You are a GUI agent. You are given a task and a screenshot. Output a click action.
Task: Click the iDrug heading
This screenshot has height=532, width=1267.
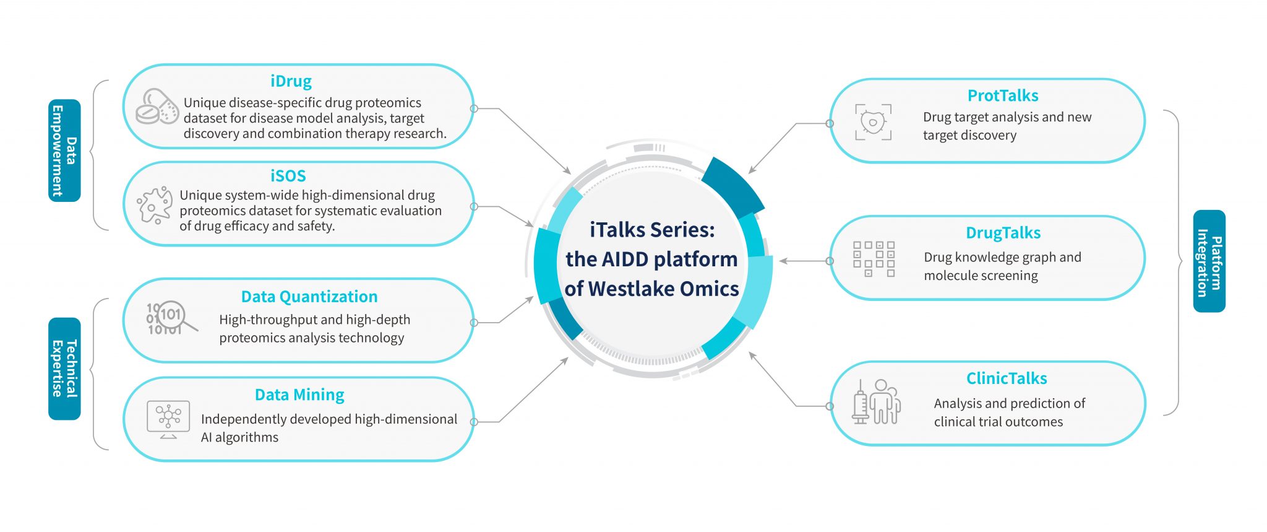291,81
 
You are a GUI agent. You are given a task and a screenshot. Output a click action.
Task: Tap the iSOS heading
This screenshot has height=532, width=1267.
288,176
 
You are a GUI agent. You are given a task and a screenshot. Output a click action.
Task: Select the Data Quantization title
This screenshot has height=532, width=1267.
309,297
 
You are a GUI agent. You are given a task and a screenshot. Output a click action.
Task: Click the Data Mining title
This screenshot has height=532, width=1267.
299,395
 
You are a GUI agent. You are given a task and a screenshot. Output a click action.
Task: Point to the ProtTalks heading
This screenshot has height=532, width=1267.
1003,95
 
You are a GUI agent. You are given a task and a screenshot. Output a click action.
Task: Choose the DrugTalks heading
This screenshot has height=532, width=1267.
1003,233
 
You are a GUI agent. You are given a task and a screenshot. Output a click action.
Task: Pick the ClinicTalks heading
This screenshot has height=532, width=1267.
1007,378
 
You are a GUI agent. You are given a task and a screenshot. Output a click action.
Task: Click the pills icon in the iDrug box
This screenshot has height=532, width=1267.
157,107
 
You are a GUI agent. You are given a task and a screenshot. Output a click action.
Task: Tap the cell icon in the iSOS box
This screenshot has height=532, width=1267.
154,204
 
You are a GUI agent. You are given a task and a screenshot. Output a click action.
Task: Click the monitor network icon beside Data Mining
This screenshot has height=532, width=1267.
168,419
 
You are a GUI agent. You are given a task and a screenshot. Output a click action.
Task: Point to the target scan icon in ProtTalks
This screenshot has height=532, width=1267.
873,122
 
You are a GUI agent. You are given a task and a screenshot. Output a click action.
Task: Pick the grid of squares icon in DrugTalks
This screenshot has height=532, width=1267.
874,259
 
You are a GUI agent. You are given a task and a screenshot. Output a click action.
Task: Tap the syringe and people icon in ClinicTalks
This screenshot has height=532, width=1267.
876,402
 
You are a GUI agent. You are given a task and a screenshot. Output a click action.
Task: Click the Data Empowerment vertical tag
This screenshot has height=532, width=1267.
64,150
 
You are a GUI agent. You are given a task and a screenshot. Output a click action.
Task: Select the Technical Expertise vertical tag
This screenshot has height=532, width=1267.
64,368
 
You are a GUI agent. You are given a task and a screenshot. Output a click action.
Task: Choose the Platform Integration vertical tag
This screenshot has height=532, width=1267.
1209,261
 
